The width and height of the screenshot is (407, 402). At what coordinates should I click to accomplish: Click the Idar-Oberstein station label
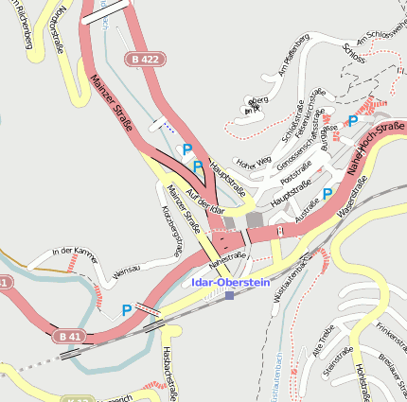[x=230, y=282]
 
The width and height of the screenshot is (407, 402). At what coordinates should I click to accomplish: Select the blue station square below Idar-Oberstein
[x=229, y=295]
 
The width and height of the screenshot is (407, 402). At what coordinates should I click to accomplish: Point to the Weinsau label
[x=127, y=271]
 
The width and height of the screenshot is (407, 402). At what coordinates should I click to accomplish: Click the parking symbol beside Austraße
[x=327, y=194]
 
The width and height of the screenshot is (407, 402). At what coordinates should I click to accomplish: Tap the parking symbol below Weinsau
[x=126, y=309]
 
